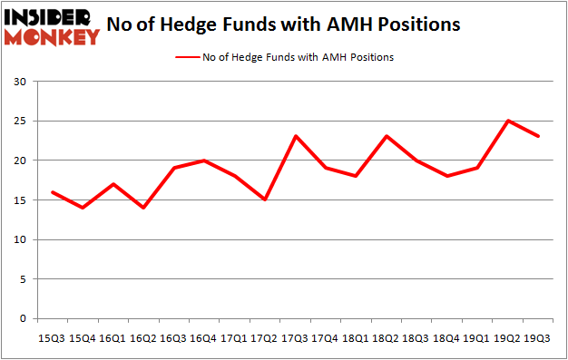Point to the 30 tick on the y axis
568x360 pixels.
coord(19,82)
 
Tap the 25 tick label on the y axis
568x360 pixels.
coord(19,122)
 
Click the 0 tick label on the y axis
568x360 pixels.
coord(23,319)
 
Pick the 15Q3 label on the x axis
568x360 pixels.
coord(51,337)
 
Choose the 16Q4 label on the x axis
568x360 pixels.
coord(204,337)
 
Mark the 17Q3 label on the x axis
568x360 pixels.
coord(296,337)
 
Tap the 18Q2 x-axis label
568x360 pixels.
coord(387,337)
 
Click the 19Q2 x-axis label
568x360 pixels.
coord(510,337)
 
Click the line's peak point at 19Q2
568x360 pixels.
coord(510,121)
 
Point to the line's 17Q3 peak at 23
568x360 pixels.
coord(296,136)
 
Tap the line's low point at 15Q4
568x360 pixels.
coord(82,208)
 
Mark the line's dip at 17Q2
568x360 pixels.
coord(265,199)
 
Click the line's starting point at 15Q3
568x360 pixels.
coord(51,191)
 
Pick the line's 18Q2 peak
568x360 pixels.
coord(387,136)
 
